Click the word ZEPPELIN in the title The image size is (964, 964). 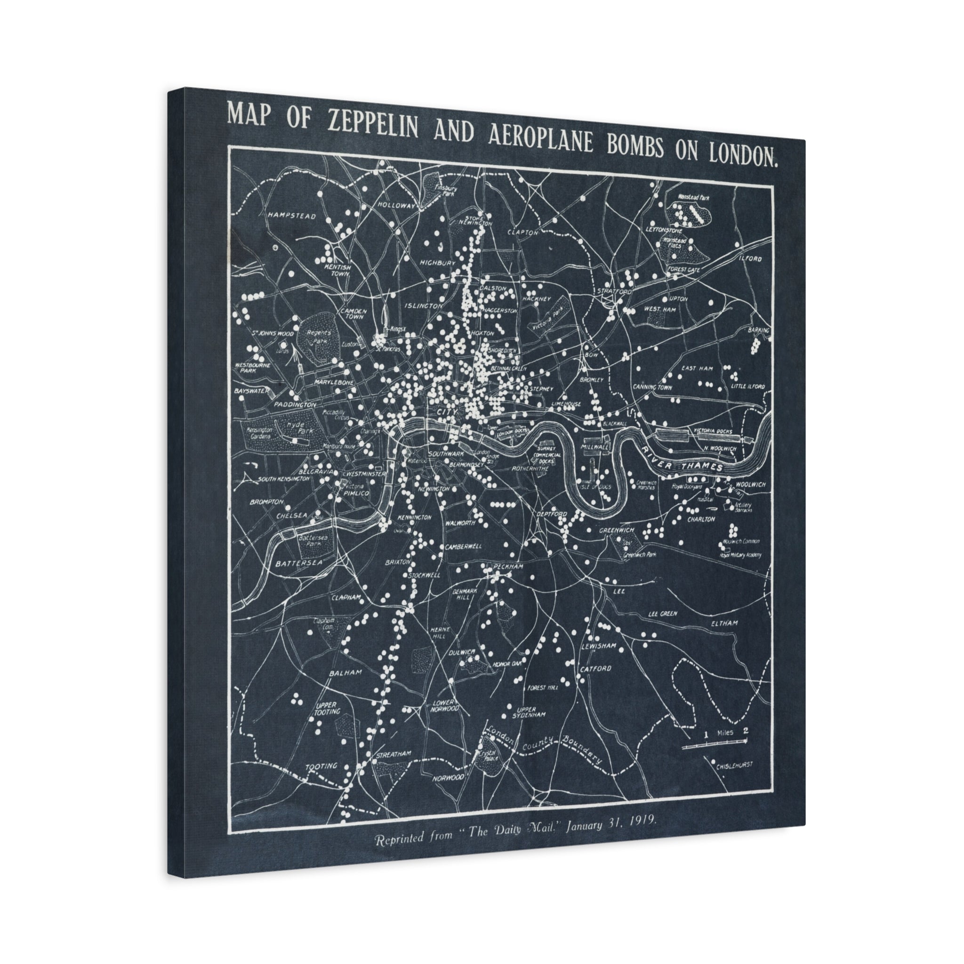point(373,124)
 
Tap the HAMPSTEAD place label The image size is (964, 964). point(292,216)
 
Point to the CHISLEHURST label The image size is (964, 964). point(734,779)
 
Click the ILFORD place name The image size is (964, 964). point(751,259)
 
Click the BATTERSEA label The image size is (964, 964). point(299,563)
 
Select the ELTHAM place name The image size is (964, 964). point(724,623)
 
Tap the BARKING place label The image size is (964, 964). point(758,330)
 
